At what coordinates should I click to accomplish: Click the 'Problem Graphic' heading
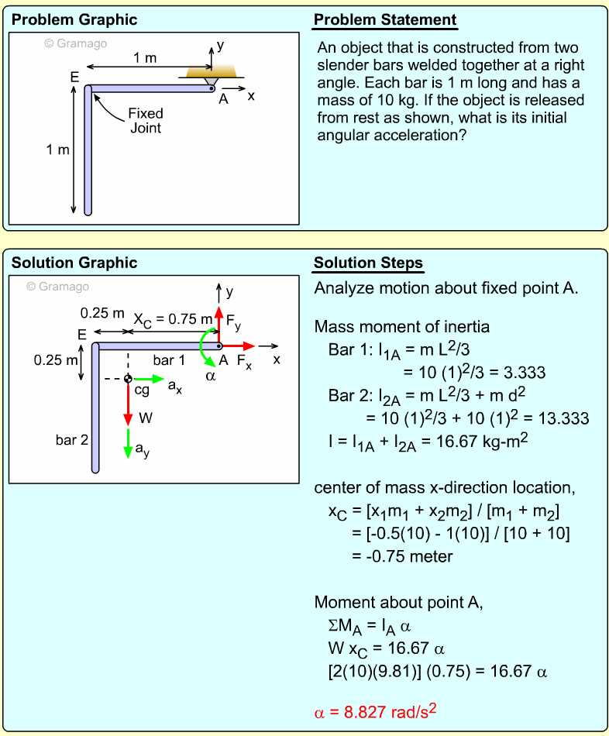click(x=74, y=20)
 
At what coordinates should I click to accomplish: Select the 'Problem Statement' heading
click(x=385, y=20)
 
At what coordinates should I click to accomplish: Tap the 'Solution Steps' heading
click(x=369, y=263)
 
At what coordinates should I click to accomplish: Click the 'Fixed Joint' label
click(x=146, y=121)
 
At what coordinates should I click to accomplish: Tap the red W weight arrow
click(x=128, y=404)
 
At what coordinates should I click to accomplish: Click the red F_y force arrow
click(x=218, y=323)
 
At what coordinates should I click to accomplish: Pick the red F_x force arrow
click(x=238, y=346)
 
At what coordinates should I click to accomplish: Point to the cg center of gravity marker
click(x=128, y=379)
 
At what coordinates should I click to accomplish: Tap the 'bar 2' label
click(x=72, y=440)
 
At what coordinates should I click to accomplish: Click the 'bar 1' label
click(x=169, y=360)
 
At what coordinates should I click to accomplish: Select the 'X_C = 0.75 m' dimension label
click(x=173, y=319)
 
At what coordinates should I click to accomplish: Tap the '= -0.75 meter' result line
click(x=402, y=556)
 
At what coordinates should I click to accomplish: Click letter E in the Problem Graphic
click(x=74, y=77)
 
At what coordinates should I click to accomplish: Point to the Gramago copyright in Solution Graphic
click(x=57, y=287)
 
